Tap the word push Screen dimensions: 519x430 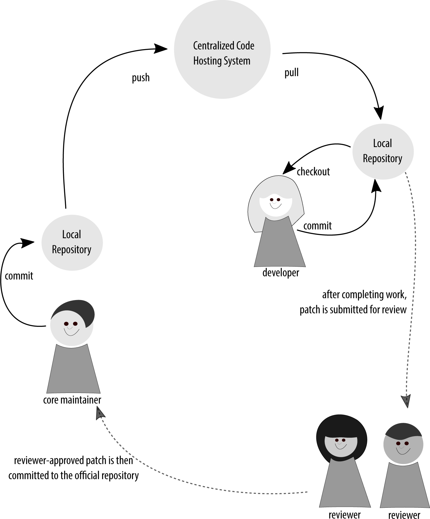pos(141,78)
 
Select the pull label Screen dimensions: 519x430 pos(292,72)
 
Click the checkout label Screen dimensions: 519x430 pos(313,172)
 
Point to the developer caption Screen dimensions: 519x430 pos(281,273)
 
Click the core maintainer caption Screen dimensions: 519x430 pos(72,400)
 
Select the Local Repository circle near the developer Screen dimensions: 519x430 pos(383,151)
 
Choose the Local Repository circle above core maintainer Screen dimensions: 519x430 pos(72,242)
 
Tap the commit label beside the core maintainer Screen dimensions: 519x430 pos(19,276)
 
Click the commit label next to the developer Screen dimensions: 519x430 pos(317,226)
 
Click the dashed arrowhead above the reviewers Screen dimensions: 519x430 pos(406,401)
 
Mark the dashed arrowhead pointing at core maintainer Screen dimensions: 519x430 pos(100,413)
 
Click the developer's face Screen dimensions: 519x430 pos(276,204)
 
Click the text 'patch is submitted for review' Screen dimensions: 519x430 pos(353,310)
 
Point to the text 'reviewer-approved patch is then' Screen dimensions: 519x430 pos(73,461)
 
